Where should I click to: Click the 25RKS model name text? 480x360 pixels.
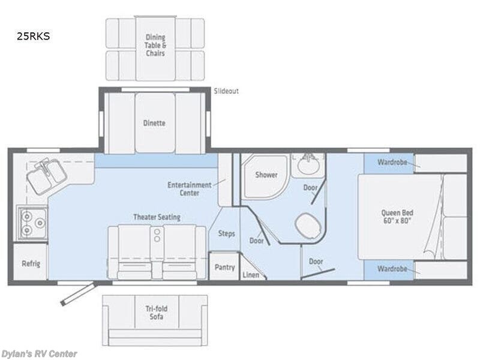click(34, 36)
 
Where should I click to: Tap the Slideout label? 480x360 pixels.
click(226, 91)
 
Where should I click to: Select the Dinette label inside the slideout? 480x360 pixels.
click(155, 123)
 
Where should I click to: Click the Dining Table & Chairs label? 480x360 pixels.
click(155, 45)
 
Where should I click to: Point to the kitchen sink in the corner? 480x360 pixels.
click(48, 175)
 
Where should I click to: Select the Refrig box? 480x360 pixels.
click(31, 263)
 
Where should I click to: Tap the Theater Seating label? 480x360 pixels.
click(157, 217)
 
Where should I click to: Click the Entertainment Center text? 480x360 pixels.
click(189, 188)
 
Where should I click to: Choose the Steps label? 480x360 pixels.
click(226, 233)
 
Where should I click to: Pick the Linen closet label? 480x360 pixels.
click(251, 275)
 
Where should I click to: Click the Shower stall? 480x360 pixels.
click(266, 175)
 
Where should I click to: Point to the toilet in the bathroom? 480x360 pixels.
click(307, 227)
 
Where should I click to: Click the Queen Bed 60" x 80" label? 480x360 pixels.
click(397, 217)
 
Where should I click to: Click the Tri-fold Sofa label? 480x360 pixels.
click(155, 313)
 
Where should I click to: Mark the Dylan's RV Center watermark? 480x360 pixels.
click(39, 353)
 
